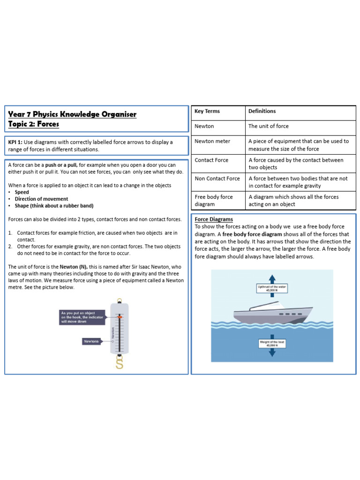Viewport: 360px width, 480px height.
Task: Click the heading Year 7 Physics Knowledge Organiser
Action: (x=73, y=114)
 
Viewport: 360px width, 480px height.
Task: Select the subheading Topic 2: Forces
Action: (x=34, y=124)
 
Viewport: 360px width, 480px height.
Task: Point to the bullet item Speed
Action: (x=22, y=192)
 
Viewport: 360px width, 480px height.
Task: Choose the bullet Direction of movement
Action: (x=41, y=199)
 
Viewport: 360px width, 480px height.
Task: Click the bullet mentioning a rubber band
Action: (x=54, y=206)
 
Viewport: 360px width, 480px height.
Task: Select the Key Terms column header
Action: (x=207, y=111)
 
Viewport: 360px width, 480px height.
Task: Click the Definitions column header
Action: (x=262, y=111)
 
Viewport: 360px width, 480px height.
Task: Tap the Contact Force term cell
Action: (x=211, y=160)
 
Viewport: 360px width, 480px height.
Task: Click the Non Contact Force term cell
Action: (x=217, y=178)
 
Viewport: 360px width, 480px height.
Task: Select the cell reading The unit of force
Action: (x=269, y=126)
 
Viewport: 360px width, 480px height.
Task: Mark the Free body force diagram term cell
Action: (x=214, y=201)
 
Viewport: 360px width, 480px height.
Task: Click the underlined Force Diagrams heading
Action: (x=214, y=219)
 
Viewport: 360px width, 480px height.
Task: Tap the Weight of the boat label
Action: (x=272, y=344)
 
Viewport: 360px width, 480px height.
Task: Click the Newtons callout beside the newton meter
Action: (x=92, y=341)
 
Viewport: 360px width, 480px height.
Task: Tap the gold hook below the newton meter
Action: (x=120, y=364)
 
